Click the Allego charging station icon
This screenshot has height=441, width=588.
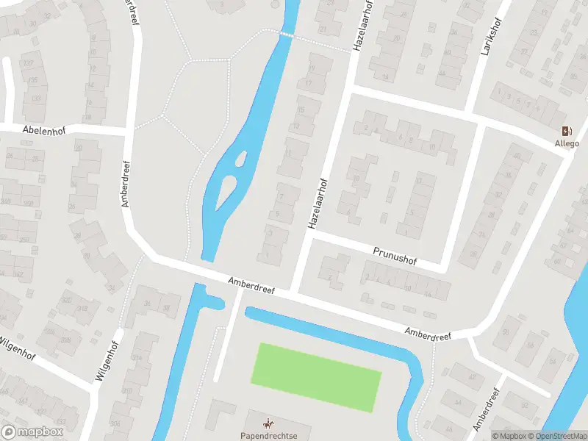pyautogui.click(x=567, y=131)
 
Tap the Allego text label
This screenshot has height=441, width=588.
pyautogui.click(x=567, y=143)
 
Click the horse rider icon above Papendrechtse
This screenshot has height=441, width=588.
pyautogui.click(x=268, y=423)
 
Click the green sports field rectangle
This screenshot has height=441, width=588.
pyautogui.click(x=316, y=376)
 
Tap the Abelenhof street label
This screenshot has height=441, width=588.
pyautogui.click(x=44, y=129)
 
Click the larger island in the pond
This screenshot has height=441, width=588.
pyautogui.click(x=227, y=192)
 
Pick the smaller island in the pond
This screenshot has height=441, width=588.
pyautogui.click(x=240, y=157)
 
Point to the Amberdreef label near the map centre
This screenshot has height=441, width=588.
pyautogui.click(x=251, y=285)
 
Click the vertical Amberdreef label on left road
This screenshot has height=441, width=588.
pyautogui.click(x=126, y=184)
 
